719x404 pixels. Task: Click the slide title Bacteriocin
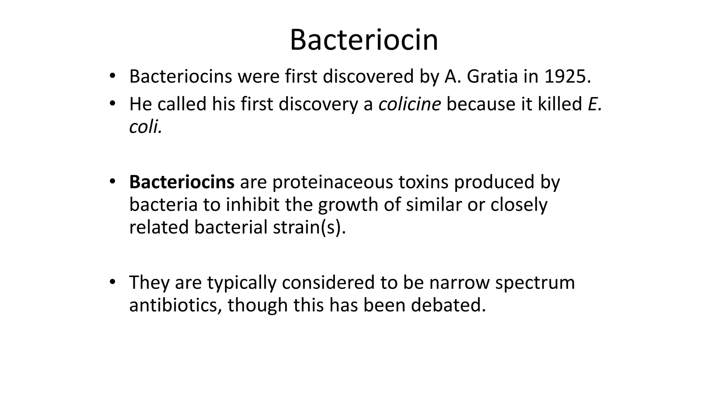(364, 40)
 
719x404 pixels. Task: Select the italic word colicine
(409, 104)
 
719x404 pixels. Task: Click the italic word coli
(145, 127)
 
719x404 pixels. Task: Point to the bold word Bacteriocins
(182, 182)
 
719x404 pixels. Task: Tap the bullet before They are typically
(112, 282)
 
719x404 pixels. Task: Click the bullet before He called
(112, 103)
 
